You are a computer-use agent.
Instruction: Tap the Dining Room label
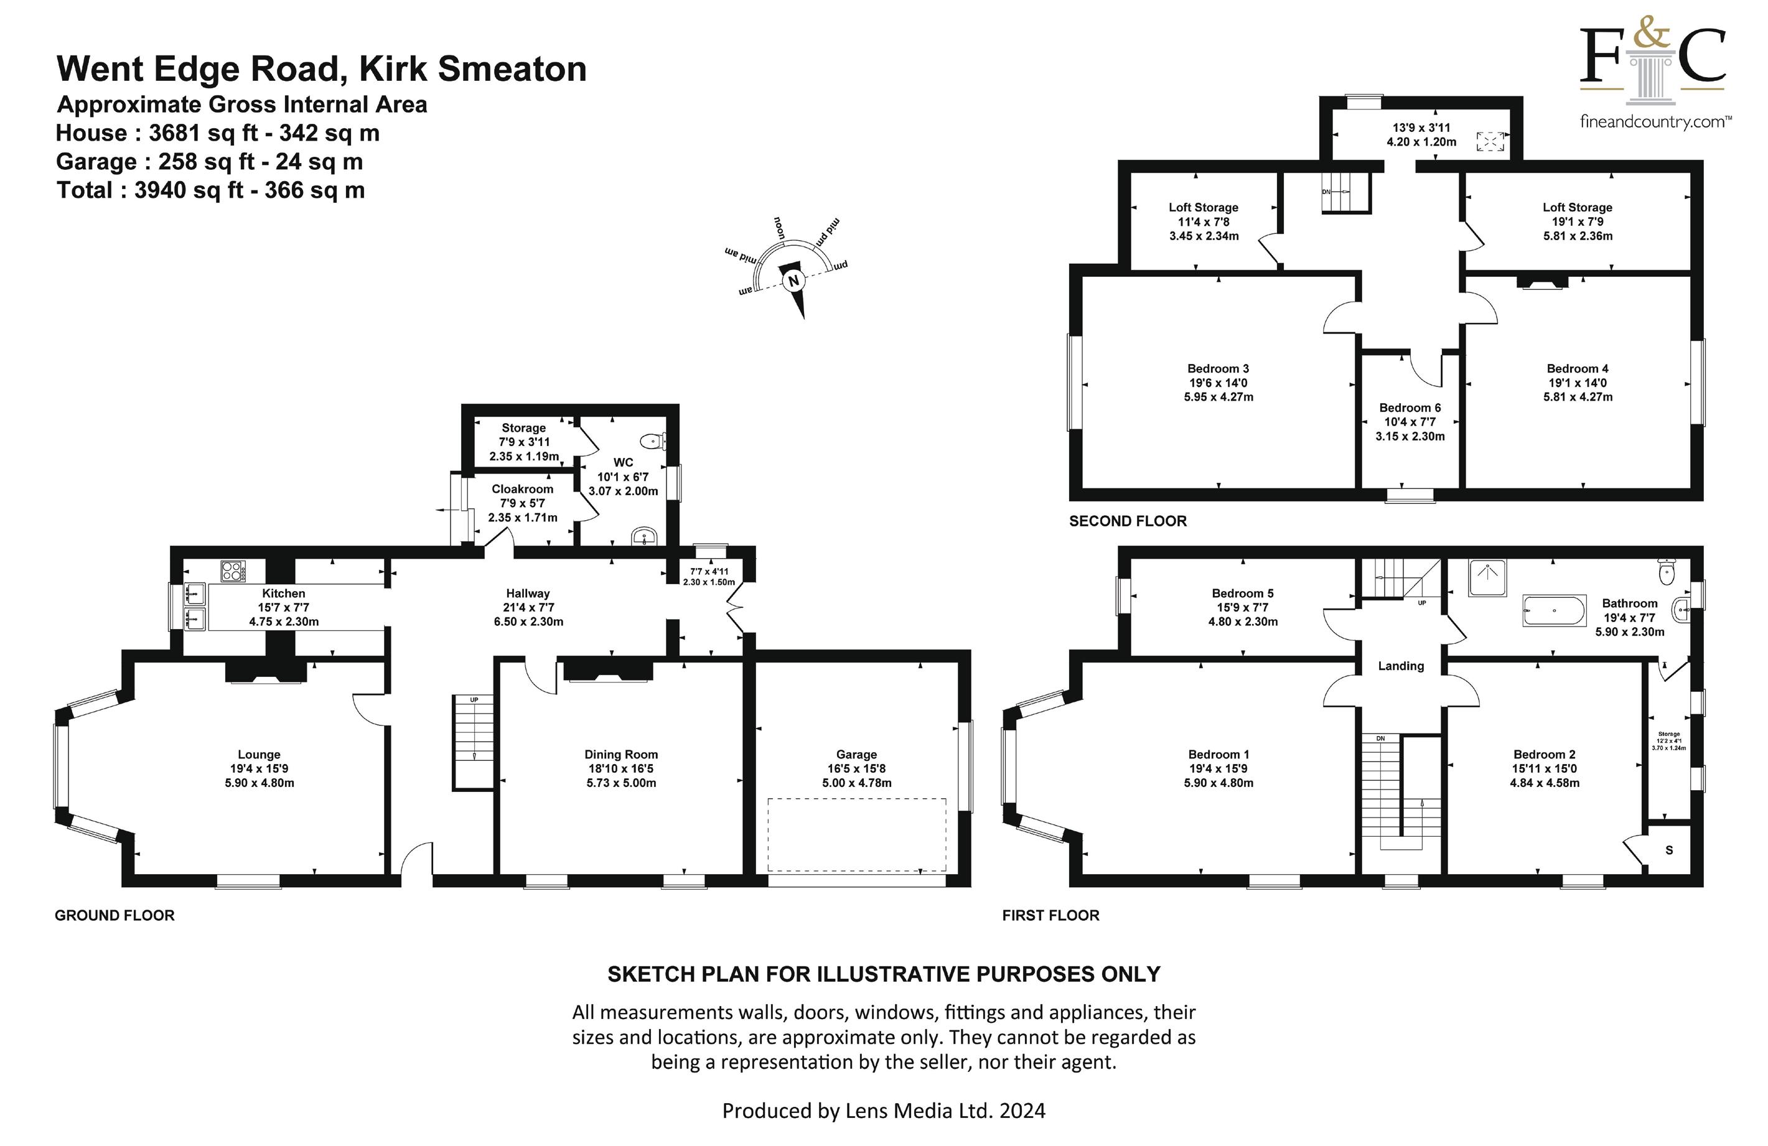click(621, 755)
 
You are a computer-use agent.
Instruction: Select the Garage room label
click(856, 755)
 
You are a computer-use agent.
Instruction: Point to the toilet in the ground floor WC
click(653, 440)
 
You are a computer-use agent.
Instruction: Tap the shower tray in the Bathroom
click(1488, 578)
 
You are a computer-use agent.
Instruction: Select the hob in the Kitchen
click(233, 571)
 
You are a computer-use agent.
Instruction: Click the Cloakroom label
click(522, 489)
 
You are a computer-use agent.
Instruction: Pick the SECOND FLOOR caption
click(1128, 521)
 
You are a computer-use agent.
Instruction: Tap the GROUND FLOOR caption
click(115, 916)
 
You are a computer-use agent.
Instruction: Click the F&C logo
click(1653, 74)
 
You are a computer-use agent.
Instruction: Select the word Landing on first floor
click(1401, 666)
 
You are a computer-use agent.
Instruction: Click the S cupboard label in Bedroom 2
click(1669, 850)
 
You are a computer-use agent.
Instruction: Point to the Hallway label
click(528, 594)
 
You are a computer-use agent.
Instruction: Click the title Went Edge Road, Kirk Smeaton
click(322, 69)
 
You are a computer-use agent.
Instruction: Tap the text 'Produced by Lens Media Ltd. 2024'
click(883, 1111)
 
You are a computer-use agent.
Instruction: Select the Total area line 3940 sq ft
click(211, 190)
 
